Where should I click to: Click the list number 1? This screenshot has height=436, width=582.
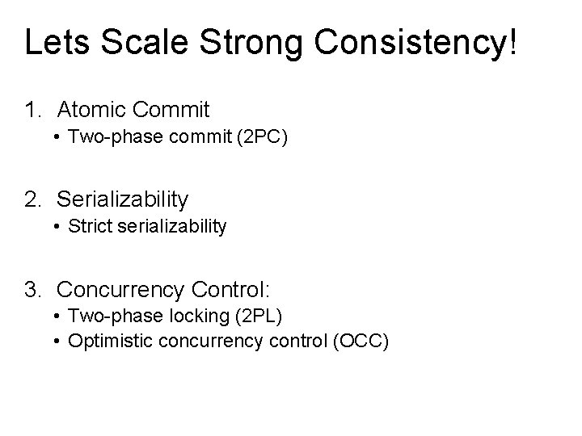click(32, 109)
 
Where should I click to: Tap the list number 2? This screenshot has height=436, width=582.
click(32, 199)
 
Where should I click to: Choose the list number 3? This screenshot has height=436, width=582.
click(32, 288)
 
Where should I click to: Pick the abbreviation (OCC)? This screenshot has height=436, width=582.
click(361, 342)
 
